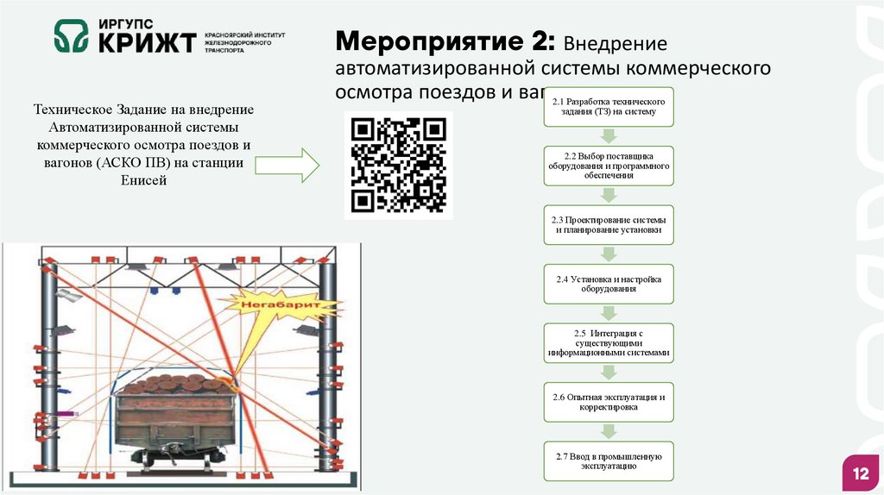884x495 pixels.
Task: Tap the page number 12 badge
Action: coord(860,474)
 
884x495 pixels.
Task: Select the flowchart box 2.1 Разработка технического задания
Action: coord(609,106)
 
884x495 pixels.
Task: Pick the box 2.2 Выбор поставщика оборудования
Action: coord(609,165)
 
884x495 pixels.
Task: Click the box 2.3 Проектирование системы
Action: coord(609,224)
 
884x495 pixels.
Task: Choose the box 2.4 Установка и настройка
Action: coord(609,284)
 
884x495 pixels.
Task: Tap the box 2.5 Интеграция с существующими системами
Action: coord(609,343)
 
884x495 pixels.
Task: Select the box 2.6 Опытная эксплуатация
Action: coord(609,402)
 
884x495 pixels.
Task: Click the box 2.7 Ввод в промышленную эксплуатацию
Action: coord(609,461)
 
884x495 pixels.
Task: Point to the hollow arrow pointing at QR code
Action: coord(288,164)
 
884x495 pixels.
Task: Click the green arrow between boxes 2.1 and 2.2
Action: coord(609,135)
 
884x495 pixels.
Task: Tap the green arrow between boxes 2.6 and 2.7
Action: coord(609,432)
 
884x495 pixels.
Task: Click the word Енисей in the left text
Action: coord(143,179)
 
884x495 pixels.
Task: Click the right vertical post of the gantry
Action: coord(326,362)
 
